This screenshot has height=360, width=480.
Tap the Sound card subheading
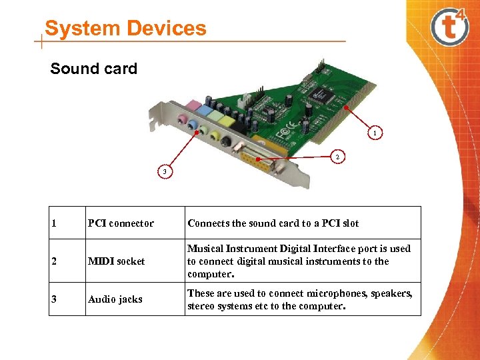93,69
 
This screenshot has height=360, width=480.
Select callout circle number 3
163,172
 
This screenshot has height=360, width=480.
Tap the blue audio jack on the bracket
194,125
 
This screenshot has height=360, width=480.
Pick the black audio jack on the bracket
227,141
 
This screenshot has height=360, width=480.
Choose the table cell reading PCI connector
121,223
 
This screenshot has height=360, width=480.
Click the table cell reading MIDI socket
116,261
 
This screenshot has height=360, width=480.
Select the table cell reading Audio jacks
115,299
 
